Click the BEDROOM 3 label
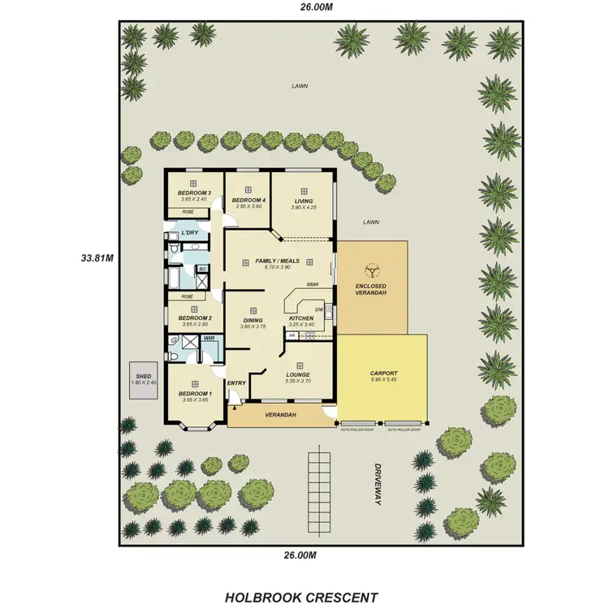tap(193, 192)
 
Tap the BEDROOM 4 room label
tap(246, 200)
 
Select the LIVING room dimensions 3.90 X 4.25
tap(303, 207)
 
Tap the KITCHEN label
tap(301, 318)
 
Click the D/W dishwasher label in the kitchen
tap(319, 309)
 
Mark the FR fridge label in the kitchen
tap(292, 335)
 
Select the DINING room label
tap(253, 320)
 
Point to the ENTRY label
tap(236, 383)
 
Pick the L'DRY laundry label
tap(189, 233)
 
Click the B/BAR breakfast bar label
tap(312, 284)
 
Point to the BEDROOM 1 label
tap(195, 393)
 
